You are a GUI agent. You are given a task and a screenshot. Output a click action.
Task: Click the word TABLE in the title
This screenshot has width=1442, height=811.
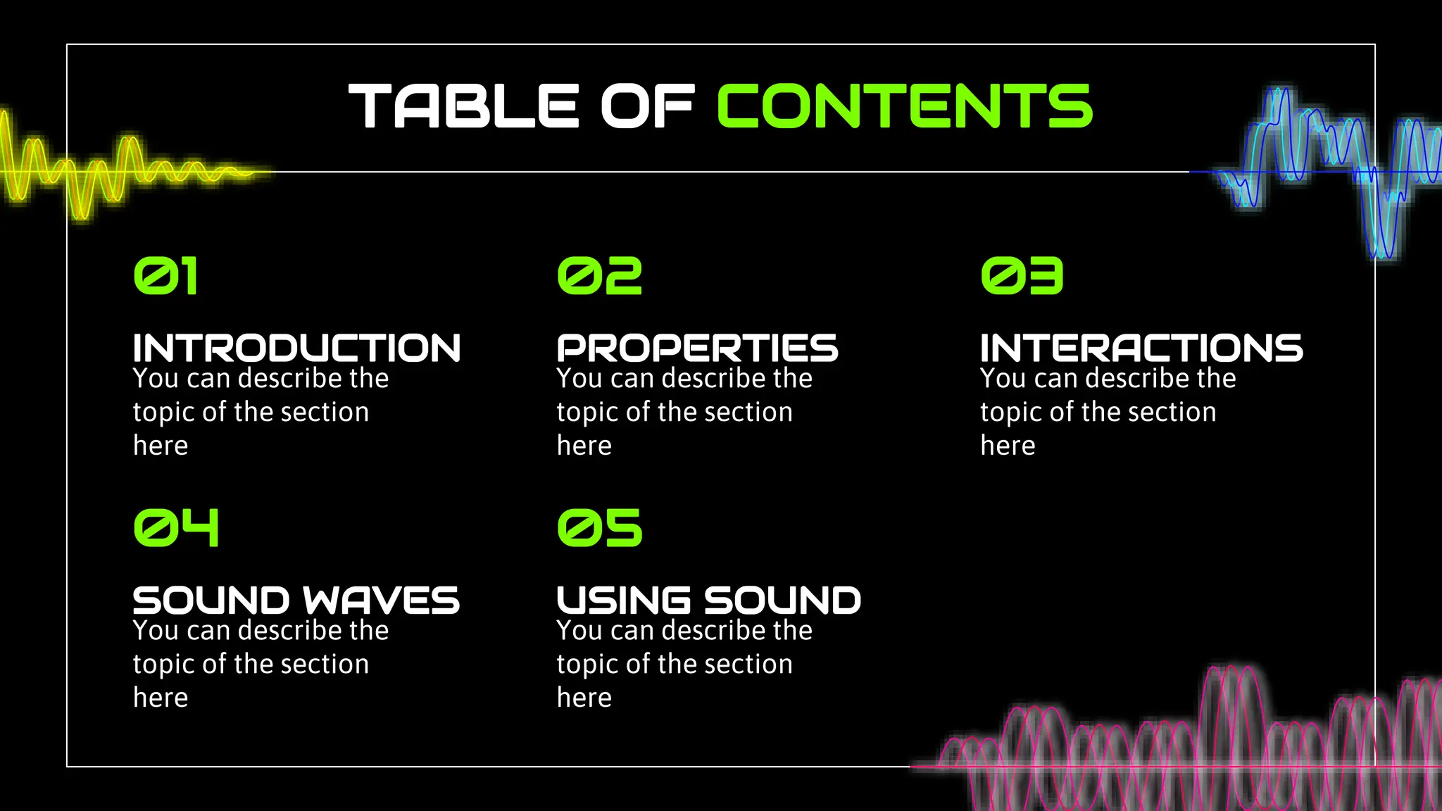point(463,106)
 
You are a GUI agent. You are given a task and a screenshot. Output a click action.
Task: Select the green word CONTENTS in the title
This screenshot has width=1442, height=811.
point(904,106)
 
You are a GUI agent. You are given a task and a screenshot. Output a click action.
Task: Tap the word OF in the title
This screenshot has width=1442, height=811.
point(647,106)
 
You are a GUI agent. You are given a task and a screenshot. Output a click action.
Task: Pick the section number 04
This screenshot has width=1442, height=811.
point(176,528)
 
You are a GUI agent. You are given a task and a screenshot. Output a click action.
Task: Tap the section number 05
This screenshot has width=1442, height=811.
point(599,528)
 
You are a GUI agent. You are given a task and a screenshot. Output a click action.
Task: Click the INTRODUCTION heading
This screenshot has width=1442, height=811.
point(296,348)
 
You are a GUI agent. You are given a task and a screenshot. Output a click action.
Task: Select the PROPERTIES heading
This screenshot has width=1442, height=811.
point(697,348)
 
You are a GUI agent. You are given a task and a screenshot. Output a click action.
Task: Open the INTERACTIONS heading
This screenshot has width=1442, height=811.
point(1141,348)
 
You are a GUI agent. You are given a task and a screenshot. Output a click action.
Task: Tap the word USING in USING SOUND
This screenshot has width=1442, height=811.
point(623,601)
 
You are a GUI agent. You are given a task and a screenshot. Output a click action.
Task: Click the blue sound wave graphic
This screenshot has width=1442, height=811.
point(1324,169)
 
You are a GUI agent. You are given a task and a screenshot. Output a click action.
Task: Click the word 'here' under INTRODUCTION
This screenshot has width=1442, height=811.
point(161,446)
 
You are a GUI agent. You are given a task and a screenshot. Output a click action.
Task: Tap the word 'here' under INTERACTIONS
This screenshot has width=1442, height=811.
point(1008,446)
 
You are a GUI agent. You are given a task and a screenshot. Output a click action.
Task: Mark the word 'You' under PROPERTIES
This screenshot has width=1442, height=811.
point(579,379)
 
